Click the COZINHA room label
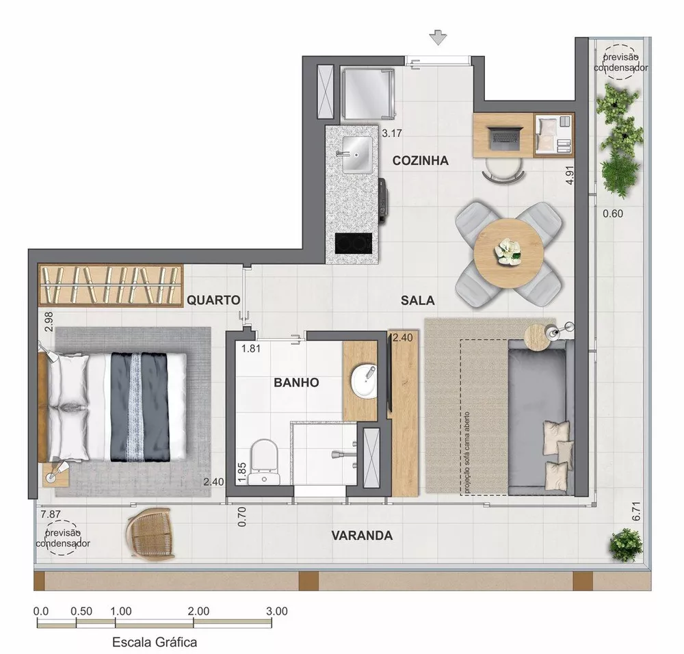(420, 161)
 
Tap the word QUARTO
(213, 300)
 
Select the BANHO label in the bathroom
(296, 382)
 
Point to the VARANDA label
(362, 536)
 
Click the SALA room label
(418, 300)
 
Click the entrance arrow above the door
(438, 38)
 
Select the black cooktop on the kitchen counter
(353, 244)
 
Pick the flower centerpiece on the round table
(509, 251)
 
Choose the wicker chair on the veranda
(151, 534)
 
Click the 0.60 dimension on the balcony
(613, 214)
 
